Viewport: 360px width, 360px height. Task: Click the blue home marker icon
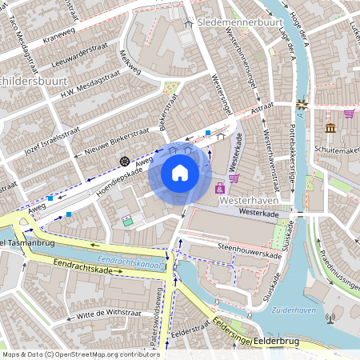click(x=180, y=173)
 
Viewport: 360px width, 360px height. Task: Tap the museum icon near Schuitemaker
click(x=330, y=128)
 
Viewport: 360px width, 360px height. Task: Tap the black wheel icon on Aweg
click(x=125, y=161)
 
